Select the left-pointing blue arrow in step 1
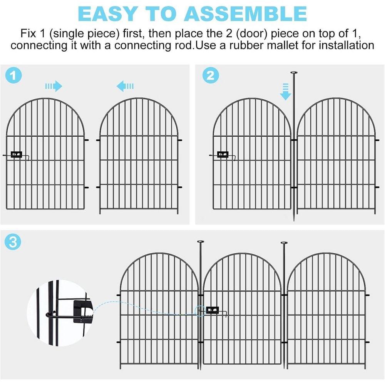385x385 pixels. [125, 86]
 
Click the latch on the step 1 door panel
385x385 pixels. [17, 155]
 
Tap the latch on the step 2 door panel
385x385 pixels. [223, 155]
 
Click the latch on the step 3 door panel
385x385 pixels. [212, 310]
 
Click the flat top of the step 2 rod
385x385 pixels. [294, 72]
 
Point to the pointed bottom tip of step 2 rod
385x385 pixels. [294, 219]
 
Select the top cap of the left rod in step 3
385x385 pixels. [201, 242]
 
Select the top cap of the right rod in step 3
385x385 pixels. [284, 243]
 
